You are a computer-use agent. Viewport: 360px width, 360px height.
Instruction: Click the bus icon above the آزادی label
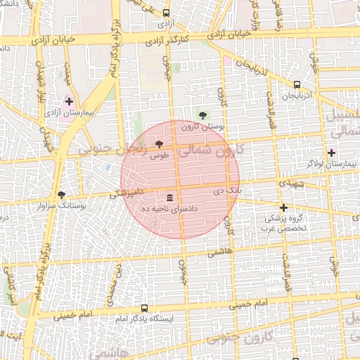pos(166,13)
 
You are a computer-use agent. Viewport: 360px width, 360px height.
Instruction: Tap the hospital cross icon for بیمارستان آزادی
pos(69,101)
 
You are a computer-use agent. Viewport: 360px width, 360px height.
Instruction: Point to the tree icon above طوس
pos(157,145)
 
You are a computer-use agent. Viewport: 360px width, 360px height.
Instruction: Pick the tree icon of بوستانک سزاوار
pos(61,195)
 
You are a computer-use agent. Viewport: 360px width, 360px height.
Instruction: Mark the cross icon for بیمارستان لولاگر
pos(332,153)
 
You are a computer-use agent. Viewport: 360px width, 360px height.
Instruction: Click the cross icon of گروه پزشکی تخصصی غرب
pos(283,207)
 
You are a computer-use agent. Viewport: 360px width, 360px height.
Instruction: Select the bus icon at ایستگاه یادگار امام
pos(144,308)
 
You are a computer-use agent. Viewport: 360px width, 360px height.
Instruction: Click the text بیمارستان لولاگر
pos(332,164)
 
